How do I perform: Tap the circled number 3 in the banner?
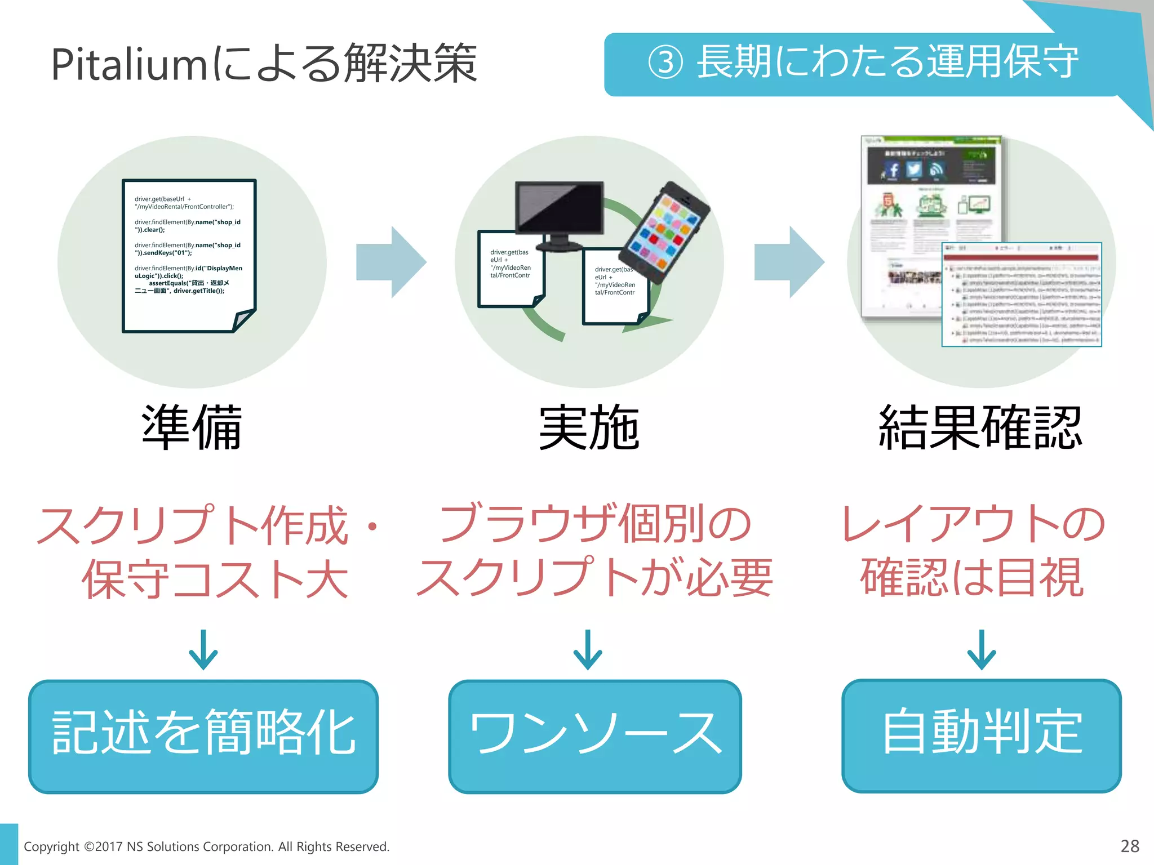[665, 63]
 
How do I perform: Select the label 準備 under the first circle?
[192, 428]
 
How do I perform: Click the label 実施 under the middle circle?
[589, 428]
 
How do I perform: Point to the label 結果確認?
[980, 428]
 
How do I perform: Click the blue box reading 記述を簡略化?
[203, 736]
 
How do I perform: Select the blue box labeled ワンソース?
[594, 736]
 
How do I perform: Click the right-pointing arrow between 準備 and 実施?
[391, 262]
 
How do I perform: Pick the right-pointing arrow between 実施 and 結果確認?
[789, 262]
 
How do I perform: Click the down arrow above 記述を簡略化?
[203, 650]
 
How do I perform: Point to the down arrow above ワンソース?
[588, 650]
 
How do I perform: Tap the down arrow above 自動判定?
[982, 650]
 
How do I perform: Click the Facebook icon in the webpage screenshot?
[893, 170]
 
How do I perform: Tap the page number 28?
[1130, 846]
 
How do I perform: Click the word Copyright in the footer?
[51, 846]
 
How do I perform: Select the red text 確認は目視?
[972, 578]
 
